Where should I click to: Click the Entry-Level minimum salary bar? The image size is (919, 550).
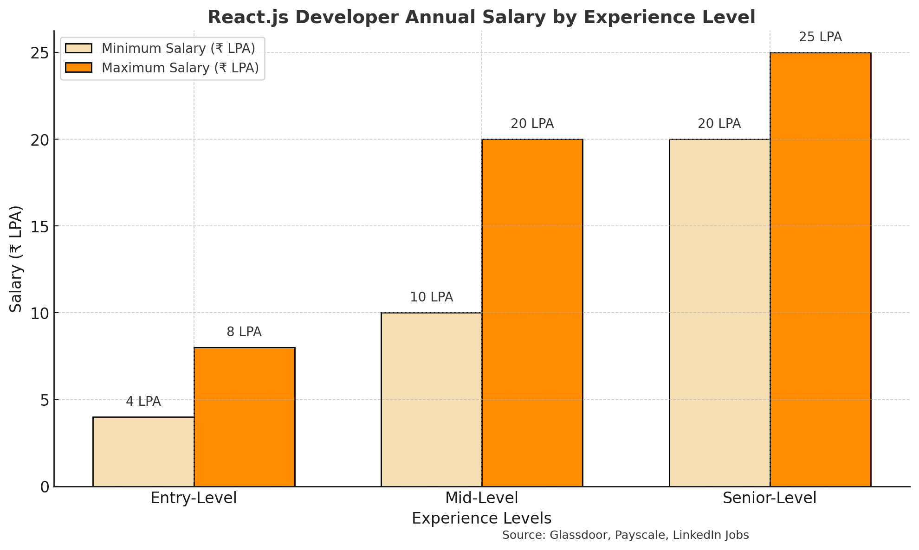tap(143, 452)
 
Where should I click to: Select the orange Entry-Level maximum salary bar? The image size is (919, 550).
tap(244, 417)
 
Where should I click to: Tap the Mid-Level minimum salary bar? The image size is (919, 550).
tap(431, 399)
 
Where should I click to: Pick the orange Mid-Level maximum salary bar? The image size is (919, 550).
tap(532, 313)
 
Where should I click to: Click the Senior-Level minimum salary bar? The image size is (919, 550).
tap(719, 313)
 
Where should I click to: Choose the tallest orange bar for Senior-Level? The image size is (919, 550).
tap(820, 269)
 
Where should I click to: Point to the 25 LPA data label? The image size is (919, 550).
tap(820, 37)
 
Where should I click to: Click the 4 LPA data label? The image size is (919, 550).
tap(143, 402)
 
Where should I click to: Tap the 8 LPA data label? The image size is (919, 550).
tap(244, 332)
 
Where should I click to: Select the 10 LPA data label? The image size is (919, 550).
tap(431, 297)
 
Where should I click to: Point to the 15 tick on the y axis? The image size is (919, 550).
tap(40, 226)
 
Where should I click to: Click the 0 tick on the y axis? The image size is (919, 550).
tap(45, 487)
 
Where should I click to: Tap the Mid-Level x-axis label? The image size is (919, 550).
tap(481, 498)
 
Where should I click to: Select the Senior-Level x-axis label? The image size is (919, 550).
tap(769, 498)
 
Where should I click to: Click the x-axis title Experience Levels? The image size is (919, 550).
tap(481, 518)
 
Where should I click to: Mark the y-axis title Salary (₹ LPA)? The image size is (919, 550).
tap(16, 258)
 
